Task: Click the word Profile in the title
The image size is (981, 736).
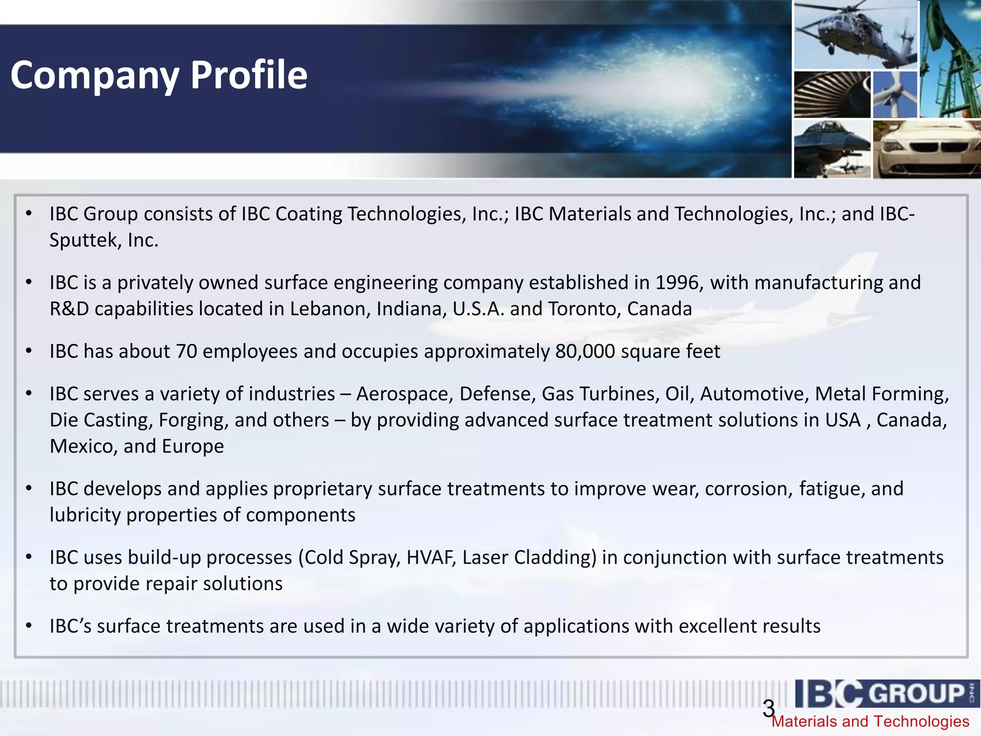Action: coord(249,75)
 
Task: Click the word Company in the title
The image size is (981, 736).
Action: coord(95,75)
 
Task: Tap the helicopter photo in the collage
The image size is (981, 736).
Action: coord(855,34)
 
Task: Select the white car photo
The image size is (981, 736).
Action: coord(926,149)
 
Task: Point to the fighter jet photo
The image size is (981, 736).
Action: coord(832,149)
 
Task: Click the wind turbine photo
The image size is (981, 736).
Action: coord(894,95)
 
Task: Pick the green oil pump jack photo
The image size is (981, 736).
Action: coord(950,58)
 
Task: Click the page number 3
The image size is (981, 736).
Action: coord(768,708)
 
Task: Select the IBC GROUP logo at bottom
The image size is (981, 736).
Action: coord(886,693)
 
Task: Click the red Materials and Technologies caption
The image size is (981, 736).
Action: coord(870,722)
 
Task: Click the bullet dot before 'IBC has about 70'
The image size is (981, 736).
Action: coord(29,352)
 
